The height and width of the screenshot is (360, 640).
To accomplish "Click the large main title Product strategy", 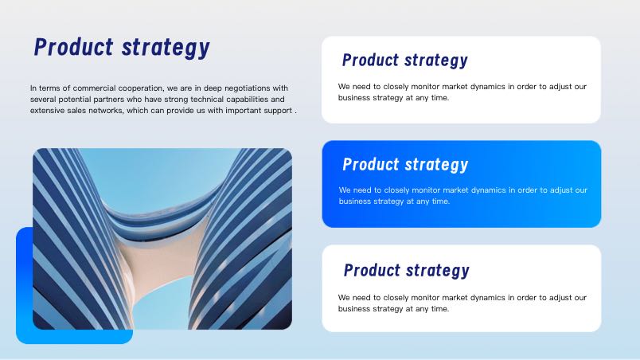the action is click(122, 48).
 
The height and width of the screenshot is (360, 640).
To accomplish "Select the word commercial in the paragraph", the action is click(94, 88).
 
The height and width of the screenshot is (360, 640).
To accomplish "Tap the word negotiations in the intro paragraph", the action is click(248, 88).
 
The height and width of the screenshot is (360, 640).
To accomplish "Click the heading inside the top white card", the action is click(405, 61).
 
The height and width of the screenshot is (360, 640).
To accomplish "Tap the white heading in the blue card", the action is click(405, 165).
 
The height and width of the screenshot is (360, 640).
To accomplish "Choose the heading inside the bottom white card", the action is click(407, 270).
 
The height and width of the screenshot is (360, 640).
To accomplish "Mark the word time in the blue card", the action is click(441, 202).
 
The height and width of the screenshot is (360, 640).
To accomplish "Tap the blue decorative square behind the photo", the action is click(24, 286).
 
